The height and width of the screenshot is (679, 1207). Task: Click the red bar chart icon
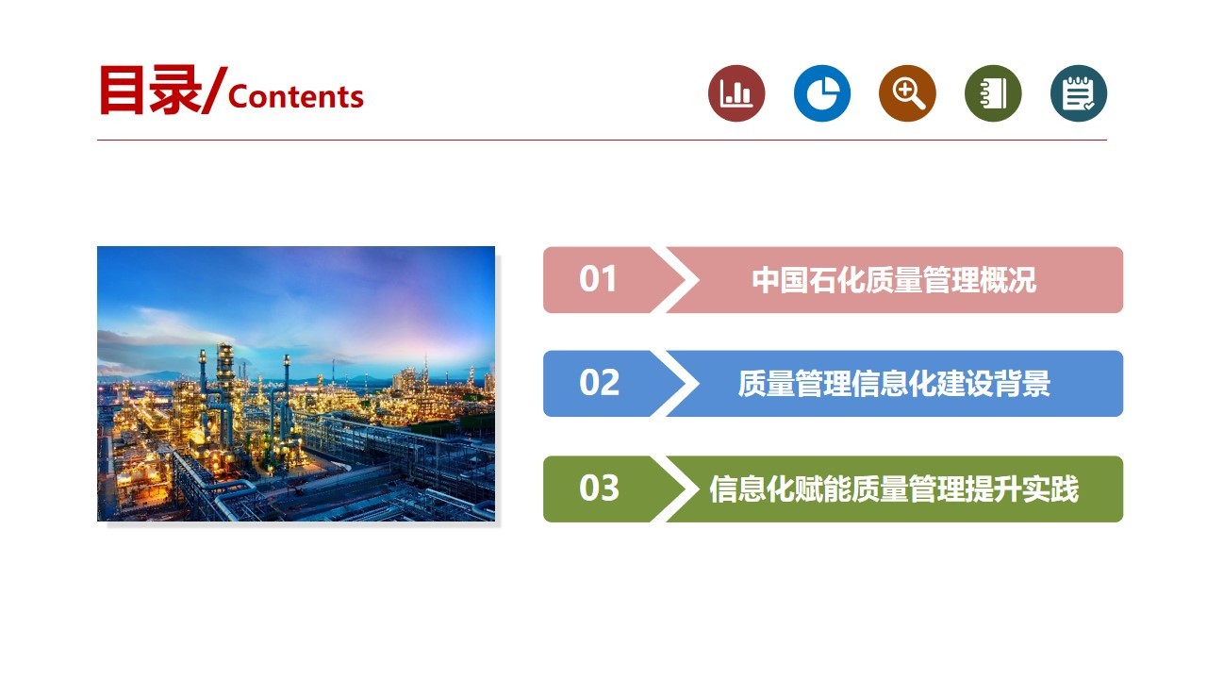736,93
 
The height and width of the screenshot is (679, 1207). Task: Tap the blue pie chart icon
821,93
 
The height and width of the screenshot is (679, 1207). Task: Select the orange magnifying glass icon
907,93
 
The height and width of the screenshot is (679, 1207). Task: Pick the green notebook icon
993,93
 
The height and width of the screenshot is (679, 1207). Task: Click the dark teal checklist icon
1079,93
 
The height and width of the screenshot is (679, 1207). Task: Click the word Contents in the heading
296,97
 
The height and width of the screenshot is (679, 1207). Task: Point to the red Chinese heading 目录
150,90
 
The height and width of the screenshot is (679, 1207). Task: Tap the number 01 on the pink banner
598,278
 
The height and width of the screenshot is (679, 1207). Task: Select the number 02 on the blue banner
599,383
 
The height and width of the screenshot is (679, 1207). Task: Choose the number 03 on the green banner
599,488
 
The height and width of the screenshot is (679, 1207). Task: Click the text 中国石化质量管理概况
894,280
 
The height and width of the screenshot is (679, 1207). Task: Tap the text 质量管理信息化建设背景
894,384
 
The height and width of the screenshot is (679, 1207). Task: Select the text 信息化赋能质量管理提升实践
894,489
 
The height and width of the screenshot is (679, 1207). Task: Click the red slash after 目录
214,91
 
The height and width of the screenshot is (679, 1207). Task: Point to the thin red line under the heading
602,141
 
